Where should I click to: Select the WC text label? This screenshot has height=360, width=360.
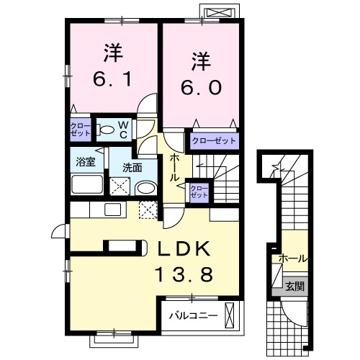tap(123, 130)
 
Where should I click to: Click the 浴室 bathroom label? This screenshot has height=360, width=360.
tap(86, 162)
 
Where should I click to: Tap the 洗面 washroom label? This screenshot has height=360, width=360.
tap(131, 167)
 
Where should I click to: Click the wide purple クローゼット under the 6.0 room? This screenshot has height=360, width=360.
tap(213, 141)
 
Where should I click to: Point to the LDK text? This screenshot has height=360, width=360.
tap(184, 249)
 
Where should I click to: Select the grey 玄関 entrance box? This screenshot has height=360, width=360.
tap(295, 287)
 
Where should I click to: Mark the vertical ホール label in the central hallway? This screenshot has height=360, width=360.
tap(175, 167)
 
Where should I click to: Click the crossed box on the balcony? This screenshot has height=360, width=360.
tap(230, 315)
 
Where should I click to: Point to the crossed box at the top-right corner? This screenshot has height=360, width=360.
tap(221, 13)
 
